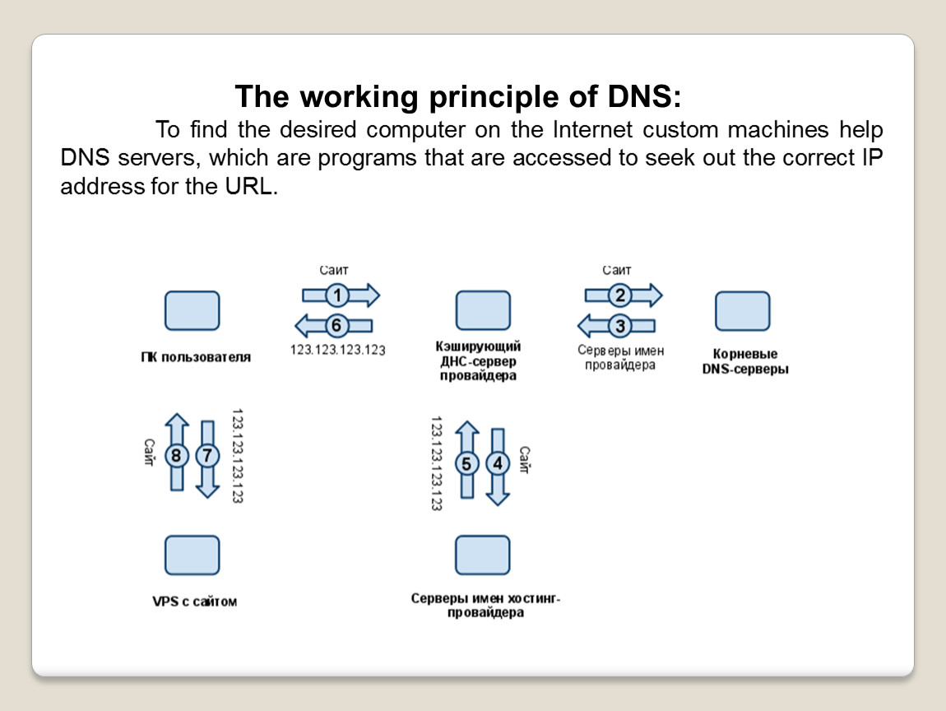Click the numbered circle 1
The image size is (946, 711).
(336, 295)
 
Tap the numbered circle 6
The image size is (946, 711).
(336, 325)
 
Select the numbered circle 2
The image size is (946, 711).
(620, 295)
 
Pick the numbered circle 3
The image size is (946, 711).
(620, 326)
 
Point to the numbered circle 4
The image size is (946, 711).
(497, 462)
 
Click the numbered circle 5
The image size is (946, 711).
(466, 462)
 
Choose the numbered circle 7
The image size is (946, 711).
(207, 455)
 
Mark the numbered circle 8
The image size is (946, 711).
(176, 455)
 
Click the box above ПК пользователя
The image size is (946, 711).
(192, 310)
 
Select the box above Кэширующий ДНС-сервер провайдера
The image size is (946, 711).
(483, 310)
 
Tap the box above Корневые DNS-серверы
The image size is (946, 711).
(742, 310)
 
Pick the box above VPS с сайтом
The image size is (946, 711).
(192, 555)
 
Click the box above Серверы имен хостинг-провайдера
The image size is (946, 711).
(483, 555)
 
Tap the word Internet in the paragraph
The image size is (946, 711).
(593, 130)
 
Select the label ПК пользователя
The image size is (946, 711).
(195, 357)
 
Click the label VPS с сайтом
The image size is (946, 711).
(194, 602)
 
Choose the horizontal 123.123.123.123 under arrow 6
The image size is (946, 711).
(338, 350)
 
